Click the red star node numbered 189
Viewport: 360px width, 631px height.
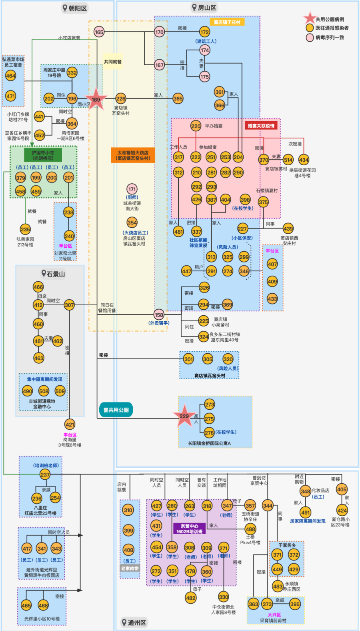96,99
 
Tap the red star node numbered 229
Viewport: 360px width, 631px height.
184,416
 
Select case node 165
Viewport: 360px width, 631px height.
99,32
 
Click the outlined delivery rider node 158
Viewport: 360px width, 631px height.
159,314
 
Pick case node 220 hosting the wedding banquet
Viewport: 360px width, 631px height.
196,126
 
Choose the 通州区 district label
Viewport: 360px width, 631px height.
134,622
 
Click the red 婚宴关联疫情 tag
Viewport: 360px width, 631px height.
261,126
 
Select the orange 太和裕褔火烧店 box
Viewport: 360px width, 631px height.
133,155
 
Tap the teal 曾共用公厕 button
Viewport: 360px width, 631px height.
116,410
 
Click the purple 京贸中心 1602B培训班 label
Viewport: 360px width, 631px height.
190,529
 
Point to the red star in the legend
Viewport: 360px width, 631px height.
310,18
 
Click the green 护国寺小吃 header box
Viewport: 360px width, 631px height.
43,155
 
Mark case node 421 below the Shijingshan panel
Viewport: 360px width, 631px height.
70,425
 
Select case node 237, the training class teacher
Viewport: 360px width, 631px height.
45,475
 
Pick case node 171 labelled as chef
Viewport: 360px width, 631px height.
132,189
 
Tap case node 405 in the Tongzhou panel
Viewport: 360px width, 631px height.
342,489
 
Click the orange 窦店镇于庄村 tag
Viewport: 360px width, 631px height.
227,22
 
